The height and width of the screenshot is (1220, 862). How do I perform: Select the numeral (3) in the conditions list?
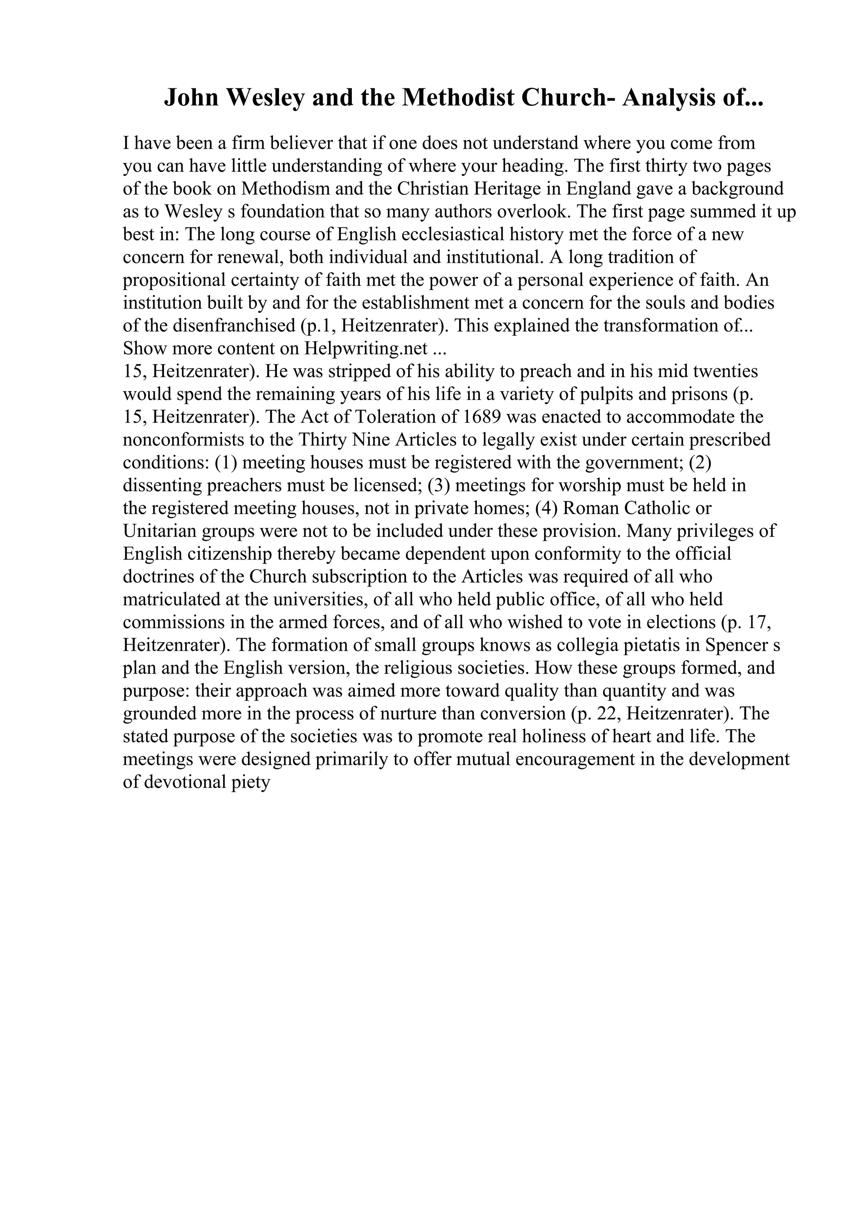pyautogui.click(x=439, y=485)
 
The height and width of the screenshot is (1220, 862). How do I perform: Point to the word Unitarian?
pyautogui.click(x=152, y=531)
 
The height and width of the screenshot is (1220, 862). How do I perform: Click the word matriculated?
pyautogui.click(x=166, y=599)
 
